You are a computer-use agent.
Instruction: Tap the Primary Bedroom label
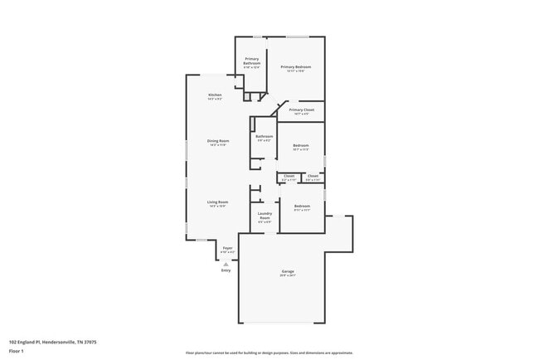tap(295, 66)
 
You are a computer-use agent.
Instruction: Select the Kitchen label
tap(215, 95)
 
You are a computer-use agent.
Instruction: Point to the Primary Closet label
tap(301, 109)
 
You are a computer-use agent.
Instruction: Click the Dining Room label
tap(218, 140)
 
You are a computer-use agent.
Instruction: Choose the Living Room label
tap(217, 202)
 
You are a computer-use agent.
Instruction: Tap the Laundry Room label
tap(265, 215)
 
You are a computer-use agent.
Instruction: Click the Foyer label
tap(227, 248)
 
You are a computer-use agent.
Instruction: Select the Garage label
tap(288, 271)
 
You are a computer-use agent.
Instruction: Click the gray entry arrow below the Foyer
tap(226, 264)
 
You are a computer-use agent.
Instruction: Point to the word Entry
tap(226, 270)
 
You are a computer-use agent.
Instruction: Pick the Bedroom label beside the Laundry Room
tap(301, 206)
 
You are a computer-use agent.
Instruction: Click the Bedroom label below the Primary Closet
tap(300, 145)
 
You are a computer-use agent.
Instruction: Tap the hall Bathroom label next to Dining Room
tap(265, 136)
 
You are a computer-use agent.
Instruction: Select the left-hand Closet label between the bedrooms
tap(289, 176)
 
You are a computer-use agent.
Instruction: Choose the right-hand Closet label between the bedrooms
tap(313, 176)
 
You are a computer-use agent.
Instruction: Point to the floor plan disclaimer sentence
tap(269, 353)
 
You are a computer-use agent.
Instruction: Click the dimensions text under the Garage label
tap(288, 275)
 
